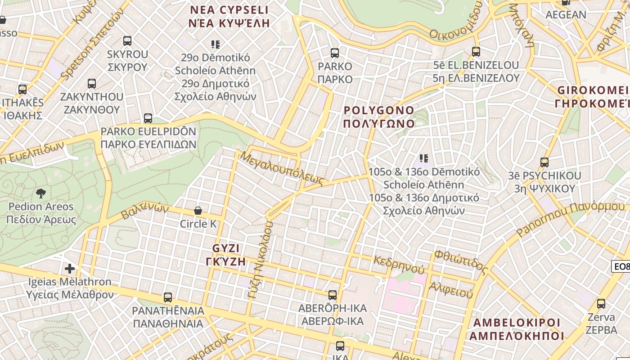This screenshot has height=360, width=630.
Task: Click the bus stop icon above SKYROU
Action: tap(127, 41)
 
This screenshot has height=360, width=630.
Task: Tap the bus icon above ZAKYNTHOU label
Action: tap(92, 84)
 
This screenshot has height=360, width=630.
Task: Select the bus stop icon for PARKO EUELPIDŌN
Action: tap(148, 118)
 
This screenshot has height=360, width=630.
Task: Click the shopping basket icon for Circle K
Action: tap(198, 211)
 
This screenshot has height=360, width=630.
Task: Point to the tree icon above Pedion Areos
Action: tap(41, 193)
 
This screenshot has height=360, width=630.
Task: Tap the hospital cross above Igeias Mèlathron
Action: tap(70, 269)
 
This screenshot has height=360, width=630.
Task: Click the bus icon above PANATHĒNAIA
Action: tap(168, 297)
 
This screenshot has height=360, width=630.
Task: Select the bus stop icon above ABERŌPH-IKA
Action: tap(333, 295)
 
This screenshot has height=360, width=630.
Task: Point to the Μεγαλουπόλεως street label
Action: tap(283, 169)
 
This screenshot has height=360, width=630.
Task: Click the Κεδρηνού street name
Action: tap(399, 265)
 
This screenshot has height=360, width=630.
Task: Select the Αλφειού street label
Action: tap(451, 290)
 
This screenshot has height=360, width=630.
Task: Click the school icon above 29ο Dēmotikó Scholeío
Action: tap(216, 44)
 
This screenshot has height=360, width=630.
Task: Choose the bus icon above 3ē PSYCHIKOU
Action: tap(544, 162)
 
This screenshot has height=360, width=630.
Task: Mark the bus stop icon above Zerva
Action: tap(601, 303)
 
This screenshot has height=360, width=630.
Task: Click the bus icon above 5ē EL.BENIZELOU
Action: tap(476, 52)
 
